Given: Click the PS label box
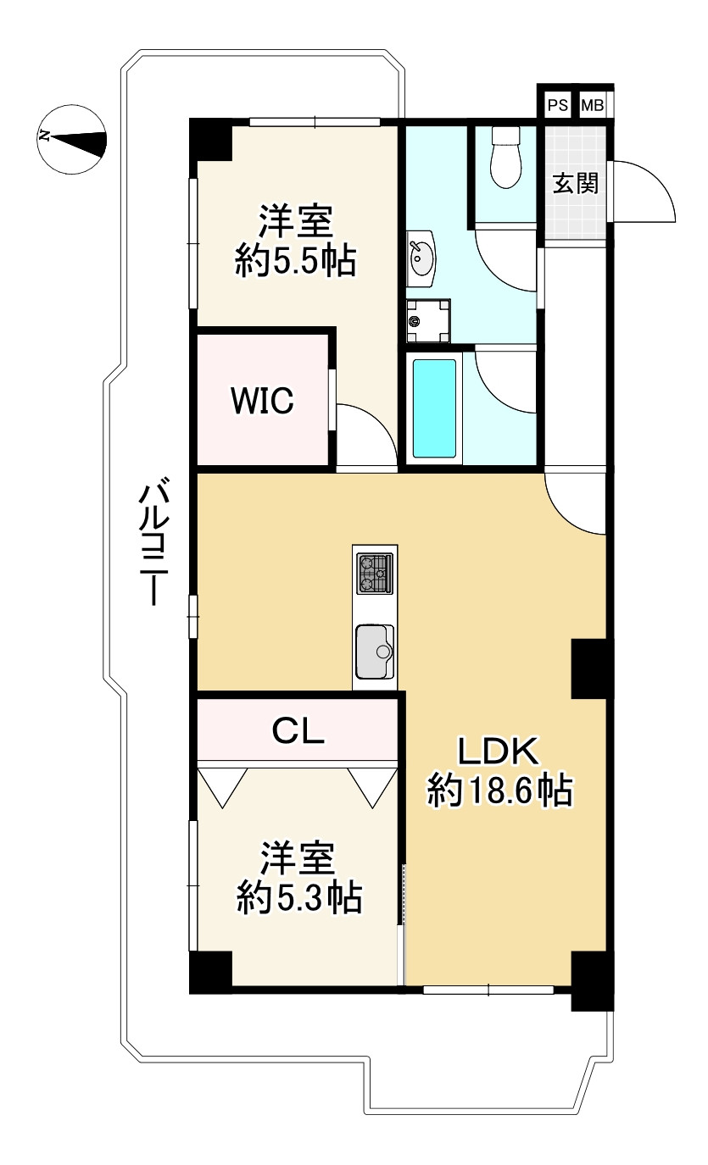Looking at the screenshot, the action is click(x=558, y=106).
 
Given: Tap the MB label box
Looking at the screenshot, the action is click(x=593, y=106).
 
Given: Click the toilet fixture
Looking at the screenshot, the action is click(x=506, y=157).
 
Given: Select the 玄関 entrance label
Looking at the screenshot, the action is click(x=575, y=184).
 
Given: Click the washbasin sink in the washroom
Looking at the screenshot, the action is click(x=421, y=258).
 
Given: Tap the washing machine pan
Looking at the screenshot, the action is click(x=428, y=321).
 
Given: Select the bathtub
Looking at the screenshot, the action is click(x=435, y=408).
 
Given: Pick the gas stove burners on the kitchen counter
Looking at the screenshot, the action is click(x=375, y=574).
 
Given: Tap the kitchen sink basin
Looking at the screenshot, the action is click(x=374, y=652).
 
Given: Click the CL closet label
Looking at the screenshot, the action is click(x=298, y=730).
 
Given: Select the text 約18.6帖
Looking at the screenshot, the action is click(x=500, y=791).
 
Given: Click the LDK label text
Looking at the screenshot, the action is click(x=498, y=752).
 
